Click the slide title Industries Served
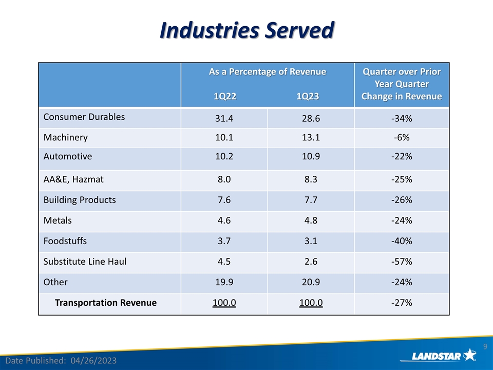(x=246, y=30)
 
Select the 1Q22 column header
(x=224, y=96)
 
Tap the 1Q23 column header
(x=311, y=96)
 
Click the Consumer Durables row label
(x=84, y=117)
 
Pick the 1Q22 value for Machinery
(x=224, y=137)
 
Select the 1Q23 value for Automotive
(x=311, y=156)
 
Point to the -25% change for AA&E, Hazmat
(x=402, y=179)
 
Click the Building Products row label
(x=80, y=200)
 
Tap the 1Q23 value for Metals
(x=311, y=220)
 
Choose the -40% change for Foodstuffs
(x=402, y=241)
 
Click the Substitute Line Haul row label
(x=85, y=262)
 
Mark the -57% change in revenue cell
(x=402, y=262)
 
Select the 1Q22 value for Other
(x=224, y=282)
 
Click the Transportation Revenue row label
(x=105, y=303)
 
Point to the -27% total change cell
(x=402, y=303)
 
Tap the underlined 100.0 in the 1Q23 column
(x=311, y=303)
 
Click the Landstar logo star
(x=469, y=355)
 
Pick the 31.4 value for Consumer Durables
(x=224, y=119)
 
